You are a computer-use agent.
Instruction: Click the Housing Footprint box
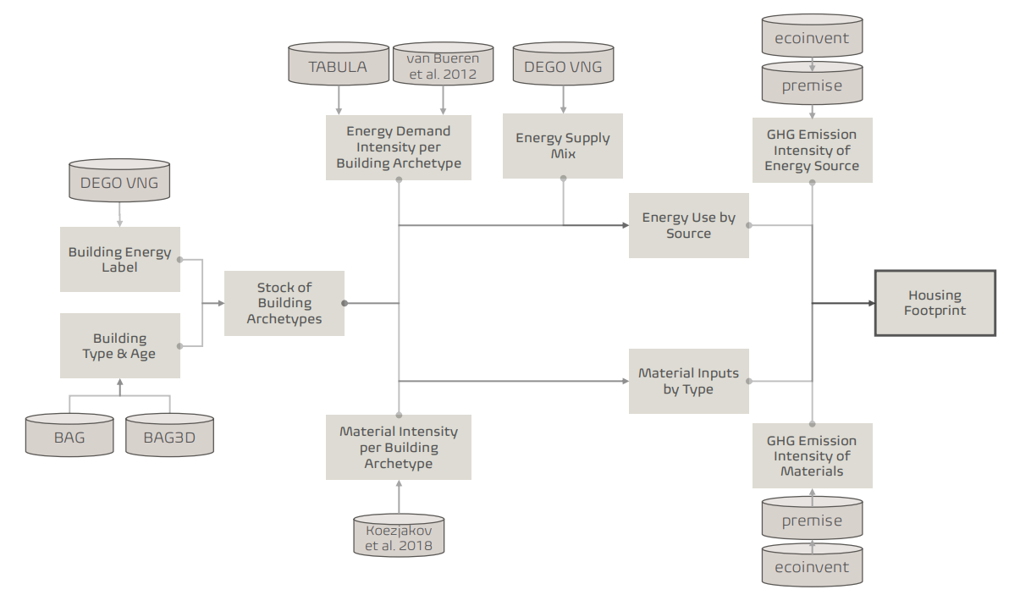[x=935, y=303]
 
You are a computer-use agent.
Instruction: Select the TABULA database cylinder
[x=338, y=67]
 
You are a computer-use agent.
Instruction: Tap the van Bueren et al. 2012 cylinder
[x=442, y=66]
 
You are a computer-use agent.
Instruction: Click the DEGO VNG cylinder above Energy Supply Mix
[x=563, y=67]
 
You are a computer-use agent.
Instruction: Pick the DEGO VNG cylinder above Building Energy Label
[x=119, y=183]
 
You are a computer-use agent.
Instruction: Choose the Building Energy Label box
[x=119, y=259]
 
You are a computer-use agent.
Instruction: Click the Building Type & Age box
[x=119, y=345]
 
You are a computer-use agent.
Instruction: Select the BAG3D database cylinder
[x=169, y=438]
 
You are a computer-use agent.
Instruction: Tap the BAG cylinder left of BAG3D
[x=69, y=438]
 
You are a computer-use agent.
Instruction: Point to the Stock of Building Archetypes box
[x=284, y=303]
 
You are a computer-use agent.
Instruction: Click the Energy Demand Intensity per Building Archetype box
[x=399, y=147]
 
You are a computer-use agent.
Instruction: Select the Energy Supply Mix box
[x=563, y=146]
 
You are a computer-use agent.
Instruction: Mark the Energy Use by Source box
[x=688, y=225]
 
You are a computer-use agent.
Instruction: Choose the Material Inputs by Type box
[x=688, y=381]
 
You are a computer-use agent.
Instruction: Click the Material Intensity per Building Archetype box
[x=399, y=447]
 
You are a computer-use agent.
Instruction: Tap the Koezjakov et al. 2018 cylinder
[x=399, y=537]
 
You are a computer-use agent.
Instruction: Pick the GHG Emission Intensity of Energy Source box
[x=812, y=150]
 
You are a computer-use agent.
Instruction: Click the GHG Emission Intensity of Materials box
[x=812, y=455]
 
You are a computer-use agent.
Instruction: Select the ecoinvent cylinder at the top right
[x=812, y=38]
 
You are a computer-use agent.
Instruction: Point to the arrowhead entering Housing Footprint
[x=869, y=303]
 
